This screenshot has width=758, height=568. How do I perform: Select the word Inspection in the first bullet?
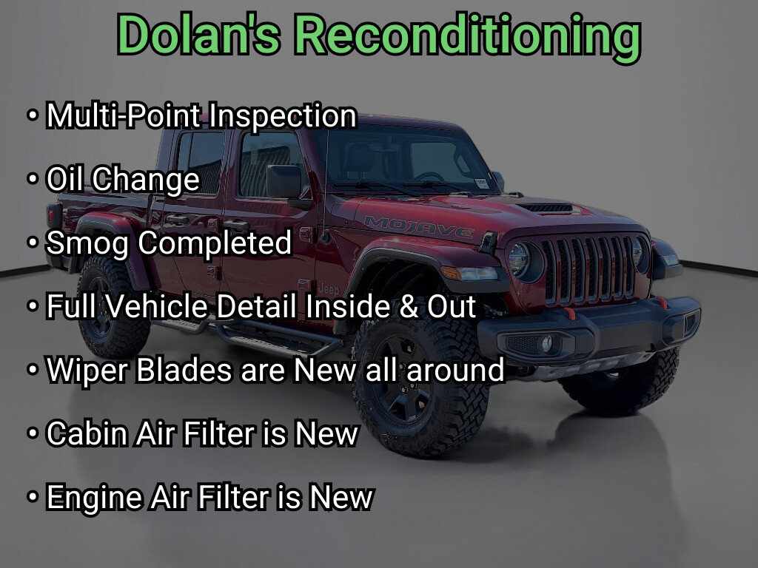click(282, 116)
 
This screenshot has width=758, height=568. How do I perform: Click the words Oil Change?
click(122, 180)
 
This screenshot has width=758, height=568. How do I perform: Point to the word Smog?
click(87, 243)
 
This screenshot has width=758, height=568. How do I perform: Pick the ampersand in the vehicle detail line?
click(409, 307)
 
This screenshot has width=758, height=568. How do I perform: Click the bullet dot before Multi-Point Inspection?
click(33, 116)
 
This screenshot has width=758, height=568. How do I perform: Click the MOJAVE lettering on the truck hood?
click(419, 226)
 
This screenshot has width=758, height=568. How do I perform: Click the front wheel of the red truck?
click(419, 385)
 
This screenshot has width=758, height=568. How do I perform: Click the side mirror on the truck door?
click(285, 183)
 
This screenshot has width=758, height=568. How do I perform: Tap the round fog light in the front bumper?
click(547, 343)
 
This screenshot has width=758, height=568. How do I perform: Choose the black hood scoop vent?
click(547, 208)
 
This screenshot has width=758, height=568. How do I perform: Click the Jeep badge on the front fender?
click(329, 289)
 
